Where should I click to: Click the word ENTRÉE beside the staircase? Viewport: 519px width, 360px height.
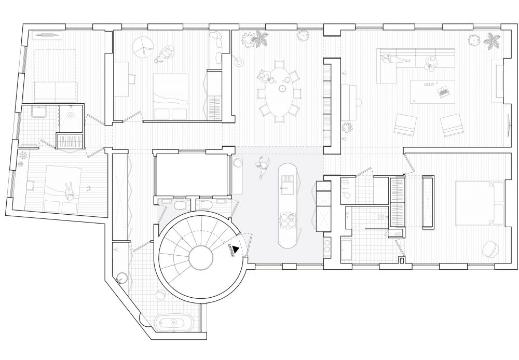tap(231, 251)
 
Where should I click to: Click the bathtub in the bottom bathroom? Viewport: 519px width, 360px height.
tap(173, 322)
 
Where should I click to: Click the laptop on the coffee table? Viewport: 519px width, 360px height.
tap(443, 91)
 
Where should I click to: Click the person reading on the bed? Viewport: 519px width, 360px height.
tap(70, 192)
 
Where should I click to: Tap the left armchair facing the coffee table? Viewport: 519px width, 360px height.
tap(405, 124)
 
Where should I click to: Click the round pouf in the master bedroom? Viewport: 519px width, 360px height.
tap(491, 249)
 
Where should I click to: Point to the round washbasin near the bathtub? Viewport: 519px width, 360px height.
tap(122, 278)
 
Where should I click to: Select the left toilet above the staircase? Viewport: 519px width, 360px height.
tap(180, 205)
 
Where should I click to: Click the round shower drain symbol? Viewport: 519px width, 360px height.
tap(70, 115)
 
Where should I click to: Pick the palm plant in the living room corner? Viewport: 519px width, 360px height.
tap(491, 42)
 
